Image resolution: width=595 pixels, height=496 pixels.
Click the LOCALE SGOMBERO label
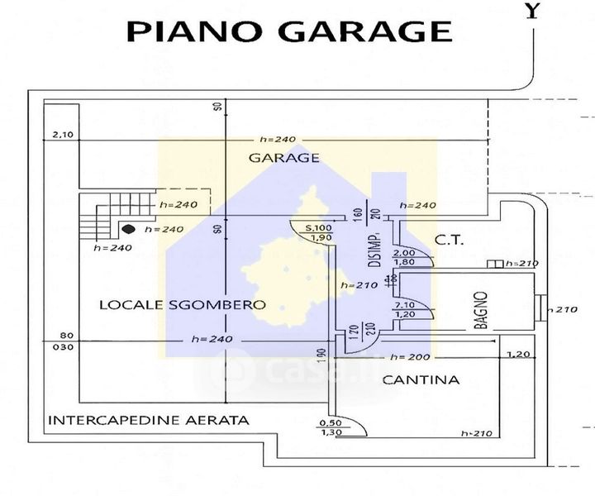[x=182, y=305]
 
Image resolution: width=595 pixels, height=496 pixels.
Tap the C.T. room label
[x=450, y=241]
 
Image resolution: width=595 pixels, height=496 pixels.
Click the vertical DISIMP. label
[x=374, y=251]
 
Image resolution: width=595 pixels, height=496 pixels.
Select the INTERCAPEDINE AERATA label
[x=149, y=420]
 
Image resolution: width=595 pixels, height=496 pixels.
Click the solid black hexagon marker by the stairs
[x=129, y=229]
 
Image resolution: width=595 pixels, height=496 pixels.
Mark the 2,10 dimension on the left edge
[x=63, y=135]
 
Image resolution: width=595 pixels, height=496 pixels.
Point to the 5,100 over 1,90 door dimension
[x=319, y=232]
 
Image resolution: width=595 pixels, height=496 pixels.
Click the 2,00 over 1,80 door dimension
[x=404, y=257]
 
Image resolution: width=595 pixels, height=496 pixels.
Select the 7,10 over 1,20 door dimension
[x=404, y=308]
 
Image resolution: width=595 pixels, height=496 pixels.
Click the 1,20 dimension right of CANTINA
[x=517, y=354]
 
